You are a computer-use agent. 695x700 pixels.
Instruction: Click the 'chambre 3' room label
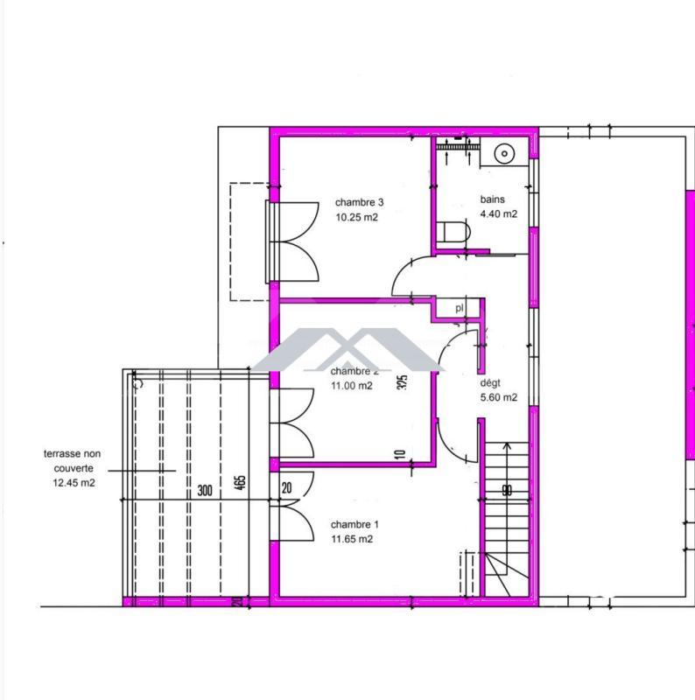click(359, 202)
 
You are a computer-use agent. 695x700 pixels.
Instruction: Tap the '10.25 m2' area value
click(356, 219)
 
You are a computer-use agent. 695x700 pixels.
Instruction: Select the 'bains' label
click(492, 199)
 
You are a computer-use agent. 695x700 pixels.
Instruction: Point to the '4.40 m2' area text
click(498, 214)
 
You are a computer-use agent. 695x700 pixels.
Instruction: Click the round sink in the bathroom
click(504, 154)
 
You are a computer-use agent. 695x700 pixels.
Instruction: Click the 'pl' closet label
click(460, 308)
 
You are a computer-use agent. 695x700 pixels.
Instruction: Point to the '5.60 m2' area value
click(498, 397)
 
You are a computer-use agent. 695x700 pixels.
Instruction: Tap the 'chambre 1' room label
click(355, 525)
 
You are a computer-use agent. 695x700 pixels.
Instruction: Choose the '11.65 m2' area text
click(352, 540)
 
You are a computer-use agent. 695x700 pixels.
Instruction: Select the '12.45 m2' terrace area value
click(74, 482)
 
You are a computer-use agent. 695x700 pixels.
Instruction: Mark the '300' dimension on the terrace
click(205, 491)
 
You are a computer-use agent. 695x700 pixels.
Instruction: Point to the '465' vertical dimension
click(241, 484)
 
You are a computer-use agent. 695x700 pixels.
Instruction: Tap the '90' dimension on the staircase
click(507, 491)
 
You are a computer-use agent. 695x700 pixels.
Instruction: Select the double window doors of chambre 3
click(294, 241)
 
